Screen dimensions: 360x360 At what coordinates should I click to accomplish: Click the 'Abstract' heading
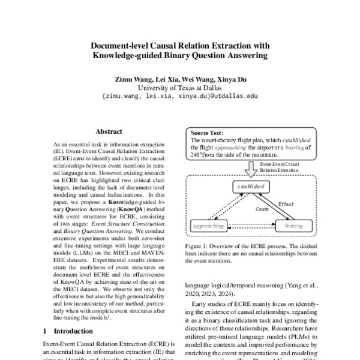click(x=109, y=131)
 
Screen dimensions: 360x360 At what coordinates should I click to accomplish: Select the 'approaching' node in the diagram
click(x=209, y=226)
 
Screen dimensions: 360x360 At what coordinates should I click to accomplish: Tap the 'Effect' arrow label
click(x=286, y=203)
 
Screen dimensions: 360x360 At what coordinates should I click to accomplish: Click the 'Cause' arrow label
click(x=263, y=209)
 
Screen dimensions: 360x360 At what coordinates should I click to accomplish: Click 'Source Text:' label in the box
click(x=207, y=133)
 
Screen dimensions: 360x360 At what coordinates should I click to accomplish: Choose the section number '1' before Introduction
click(x=46, y=331)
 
